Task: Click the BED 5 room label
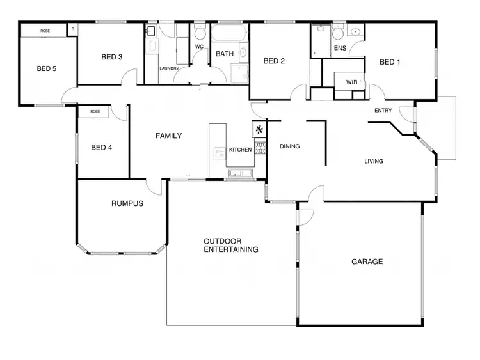tap(46, 68)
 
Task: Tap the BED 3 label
tap(112, 57)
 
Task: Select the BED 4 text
tap(102, 148)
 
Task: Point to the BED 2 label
tap(275, 61)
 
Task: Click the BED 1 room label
tap(390, 62)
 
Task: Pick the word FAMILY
tap(169, 136)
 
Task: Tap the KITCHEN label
tap(241, 150)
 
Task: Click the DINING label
tap(290, 146)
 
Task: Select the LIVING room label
tap(374, 161)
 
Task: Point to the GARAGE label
tap(367, 262)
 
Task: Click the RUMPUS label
tap(127, 204)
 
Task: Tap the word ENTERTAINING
tap(231, 249)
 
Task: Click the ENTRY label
tap(383, 110)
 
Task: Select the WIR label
tap(352, 82)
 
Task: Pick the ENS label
tap(340, 48)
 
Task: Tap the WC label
tap(199, 46)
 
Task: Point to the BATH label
tap(225, 54)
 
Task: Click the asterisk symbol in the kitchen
tap(259, 130)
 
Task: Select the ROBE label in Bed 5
tap(45, 31)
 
